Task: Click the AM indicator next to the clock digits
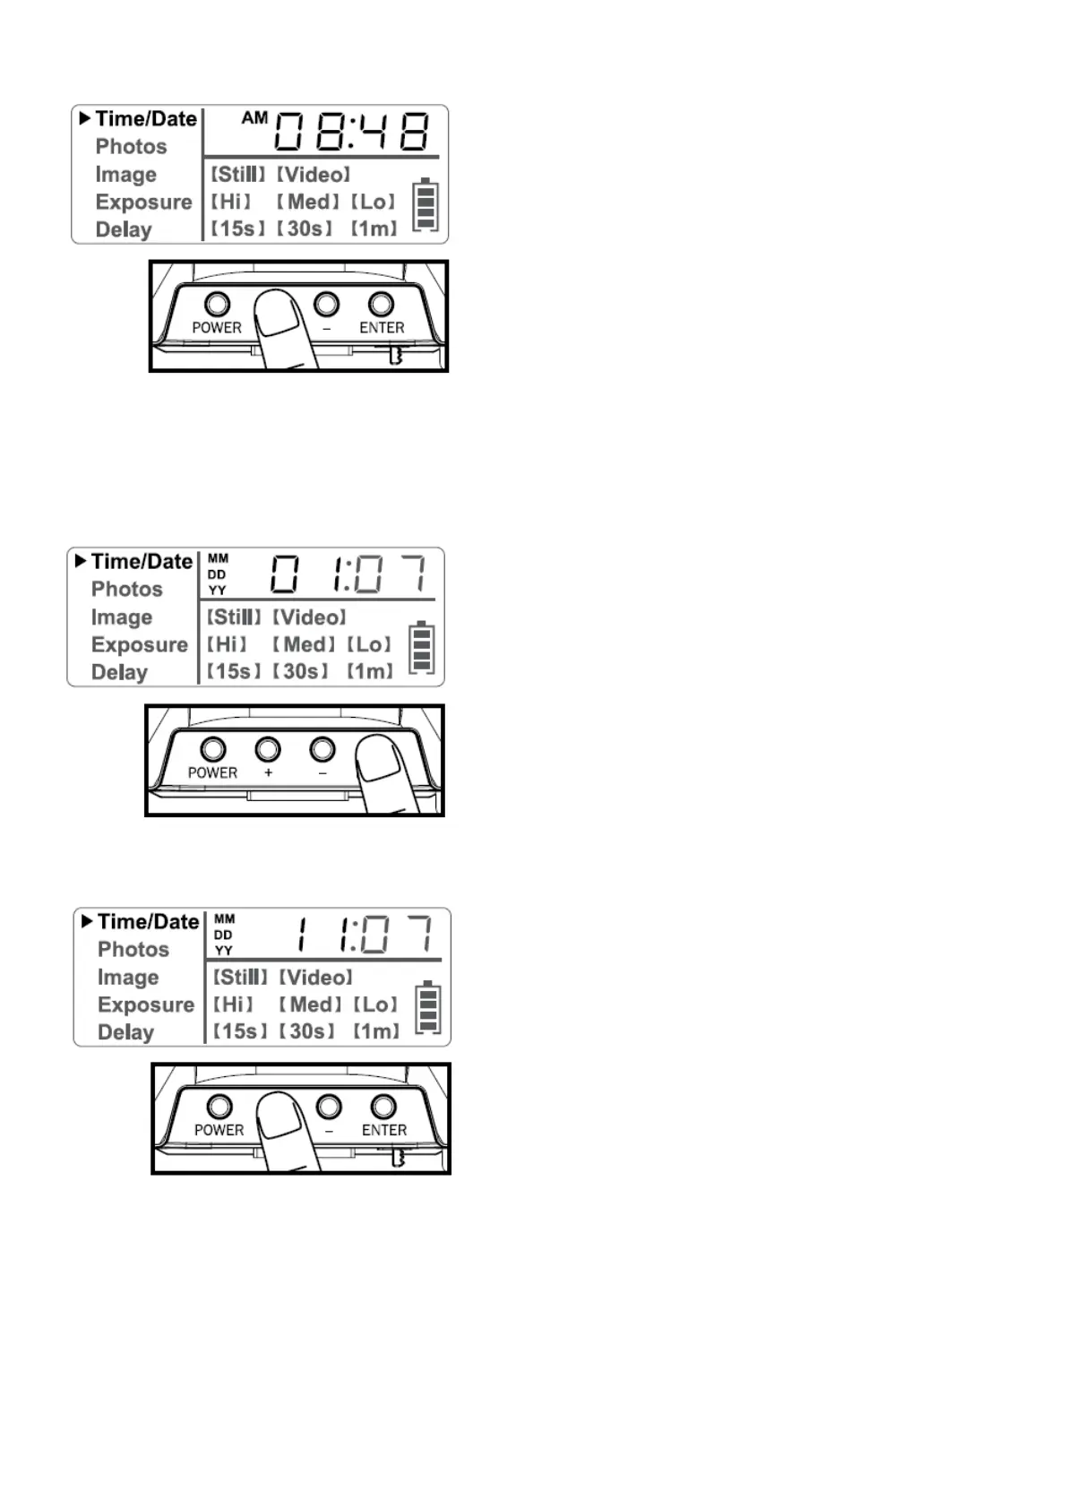(254, 117)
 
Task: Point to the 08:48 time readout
(351, 131)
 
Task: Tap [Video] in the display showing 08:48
(314, 174)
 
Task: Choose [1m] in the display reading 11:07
(376, 1031)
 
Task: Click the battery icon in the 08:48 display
(426, 205)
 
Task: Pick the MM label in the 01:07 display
(218, 558)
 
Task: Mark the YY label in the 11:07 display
(223, 950)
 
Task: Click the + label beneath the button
(268, 772)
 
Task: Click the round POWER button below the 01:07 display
(213, 748)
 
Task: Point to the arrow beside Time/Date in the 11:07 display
(87, 921)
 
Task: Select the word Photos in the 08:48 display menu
(131, 146)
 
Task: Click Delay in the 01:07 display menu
(119, 672)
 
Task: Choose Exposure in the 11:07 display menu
(146, 1005)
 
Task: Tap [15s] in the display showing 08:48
(237, 229)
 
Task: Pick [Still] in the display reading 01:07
(234, 617)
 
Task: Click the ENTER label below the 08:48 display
(382, 328)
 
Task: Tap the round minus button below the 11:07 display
(329, 1107)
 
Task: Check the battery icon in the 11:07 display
(428, 1008)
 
